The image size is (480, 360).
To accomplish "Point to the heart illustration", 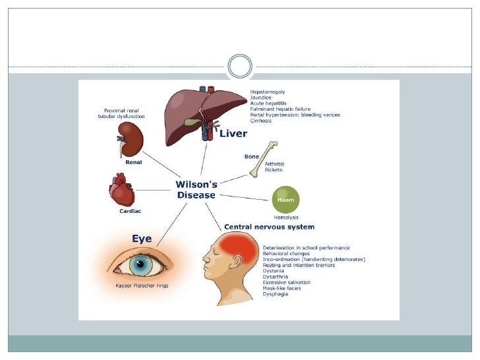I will point(122,191).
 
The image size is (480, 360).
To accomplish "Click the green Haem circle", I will point(285,199).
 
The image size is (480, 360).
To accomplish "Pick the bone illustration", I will point(263,159).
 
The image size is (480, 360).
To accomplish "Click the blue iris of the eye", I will point(141,266).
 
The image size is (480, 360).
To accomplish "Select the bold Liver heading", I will point(233,134).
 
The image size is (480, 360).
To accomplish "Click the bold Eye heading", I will point(142,238).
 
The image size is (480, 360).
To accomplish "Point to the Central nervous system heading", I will point(266,227).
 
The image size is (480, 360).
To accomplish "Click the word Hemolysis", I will point(287,218).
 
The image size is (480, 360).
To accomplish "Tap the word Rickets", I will point(273,169).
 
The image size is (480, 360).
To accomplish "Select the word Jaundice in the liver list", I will point(260,97).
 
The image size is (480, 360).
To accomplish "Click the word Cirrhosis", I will point(261,121).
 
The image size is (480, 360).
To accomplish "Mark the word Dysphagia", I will point(276,294).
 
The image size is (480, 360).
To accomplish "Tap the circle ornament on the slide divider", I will point(239,67).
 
